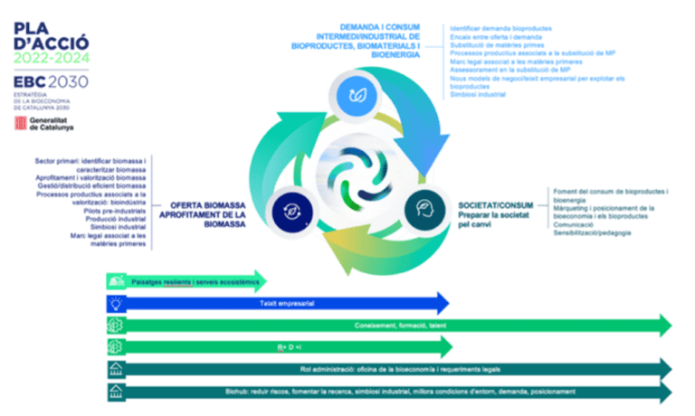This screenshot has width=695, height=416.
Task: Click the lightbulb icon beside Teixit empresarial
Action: point(116,302)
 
